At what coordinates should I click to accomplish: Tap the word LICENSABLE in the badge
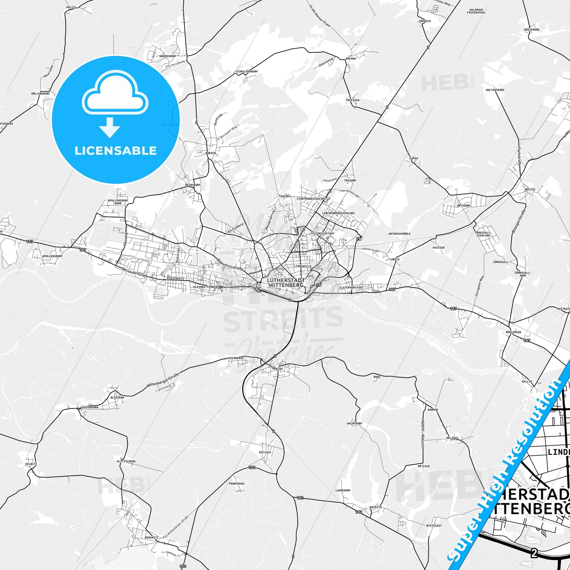click(115, 151)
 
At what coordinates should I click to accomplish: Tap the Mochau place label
click(351, 58)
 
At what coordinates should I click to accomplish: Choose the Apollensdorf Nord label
click(118, 202)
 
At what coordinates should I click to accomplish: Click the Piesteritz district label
click(175, 278)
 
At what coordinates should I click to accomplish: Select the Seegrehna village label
click(90, 407)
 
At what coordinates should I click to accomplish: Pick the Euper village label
click(414, 158)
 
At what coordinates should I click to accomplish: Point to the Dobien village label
click(211, 153)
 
